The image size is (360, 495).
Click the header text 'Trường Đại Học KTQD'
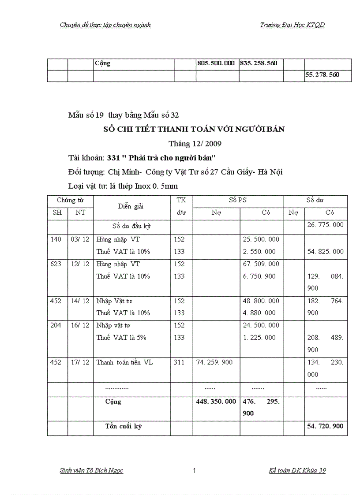pos(292,25)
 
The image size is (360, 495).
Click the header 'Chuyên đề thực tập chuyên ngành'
pos(105,25)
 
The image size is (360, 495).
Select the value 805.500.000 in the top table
pos(216,63)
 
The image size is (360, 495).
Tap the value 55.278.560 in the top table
pos(322,75)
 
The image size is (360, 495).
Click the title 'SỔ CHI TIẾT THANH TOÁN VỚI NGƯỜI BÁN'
pos(194,129)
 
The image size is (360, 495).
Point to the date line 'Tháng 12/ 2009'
pos(195,144)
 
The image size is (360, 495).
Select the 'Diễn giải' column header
pos(131,206)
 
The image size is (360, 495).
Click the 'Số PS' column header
pos(238,201)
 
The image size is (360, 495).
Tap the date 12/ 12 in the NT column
pos(80,264)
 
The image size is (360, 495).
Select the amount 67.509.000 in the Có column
pos(261,264)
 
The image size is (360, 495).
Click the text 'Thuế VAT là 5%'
pos(121,338)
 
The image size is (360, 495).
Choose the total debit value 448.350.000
pos(216,402)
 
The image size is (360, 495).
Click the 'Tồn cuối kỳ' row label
pos(124,427)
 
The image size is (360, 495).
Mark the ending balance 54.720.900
pos(325,427)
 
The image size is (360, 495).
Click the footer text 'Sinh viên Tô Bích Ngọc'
pos(91,471)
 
